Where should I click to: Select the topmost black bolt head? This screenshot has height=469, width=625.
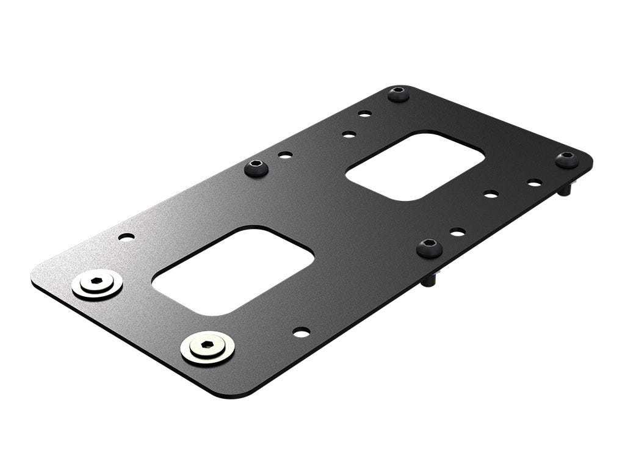(398, 94)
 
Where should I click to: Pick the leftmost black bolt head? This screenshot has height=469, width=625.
(257, 167)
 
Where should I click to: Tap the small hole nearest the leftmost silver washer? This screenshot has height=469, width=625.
(127, 236)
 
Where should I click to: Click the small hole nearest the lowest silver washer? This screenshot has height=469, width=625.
(301, 332)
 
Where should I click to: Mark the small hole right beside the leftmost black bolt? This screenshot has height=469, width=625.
(284, 155)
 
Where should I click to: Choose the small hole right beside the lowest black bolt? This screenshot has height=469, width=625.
(458, 232)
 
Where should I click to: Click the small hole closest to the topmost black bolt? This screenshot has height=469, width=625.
(364, 114)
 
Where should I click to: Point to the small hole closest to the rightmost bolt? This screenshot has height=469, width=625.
(534, 183)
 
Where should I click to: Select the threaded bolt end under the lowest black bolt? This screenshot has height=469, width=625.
(430, 280)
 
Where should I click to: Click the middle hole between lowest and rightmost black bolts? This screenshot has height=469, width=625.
(491, 195)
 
